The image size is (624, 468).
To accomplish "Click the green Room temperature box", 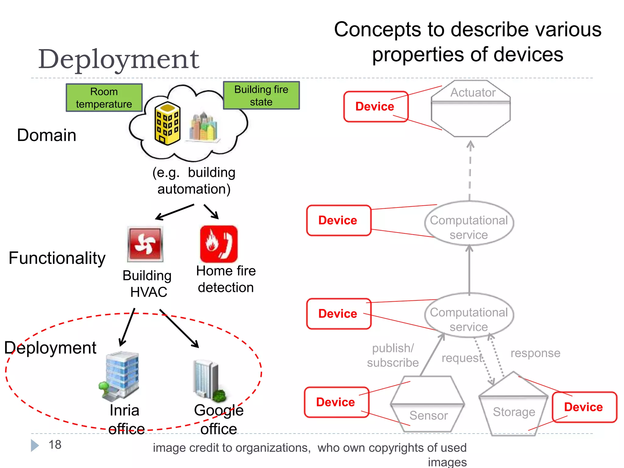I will coord(104,98).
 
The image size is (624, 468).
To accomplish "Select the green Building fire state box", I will coord(261,95).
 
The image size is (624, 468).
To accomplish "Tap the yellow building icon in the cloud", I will coord(167,123).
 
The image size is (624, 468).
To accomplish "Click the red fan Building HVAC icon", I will coord(145,244).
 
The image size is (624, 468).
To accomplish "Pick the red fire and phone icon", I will coord(218,244).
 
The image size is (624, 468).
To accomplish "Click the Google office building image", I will coord(209,381).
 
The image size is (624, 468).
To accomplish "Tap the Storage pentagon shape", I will coord(513,405).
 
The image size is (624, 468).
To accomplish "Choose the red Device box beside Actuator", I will coord(375,107).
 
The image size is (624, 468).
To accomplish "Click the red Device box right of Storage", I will coord(584,407).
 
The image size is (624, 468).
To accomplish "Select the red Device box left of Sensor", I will coord(336,402).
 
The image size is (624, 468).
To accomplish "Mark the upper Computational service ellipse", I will coord(469,224).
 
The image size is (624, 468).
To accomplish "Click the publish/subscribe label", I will coord(393,355).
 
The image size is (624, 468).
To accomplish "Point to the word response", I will coord(535,353).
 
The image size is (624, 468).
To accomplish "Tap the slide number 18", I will coord(55,445).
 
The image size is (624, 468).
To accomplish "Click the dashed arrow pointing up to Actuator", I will coord(470,171).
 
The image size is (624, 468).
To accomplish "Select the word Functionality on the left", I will coord(57,258).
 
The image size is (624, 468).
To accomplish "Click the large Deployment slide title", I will coord(119,59).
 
